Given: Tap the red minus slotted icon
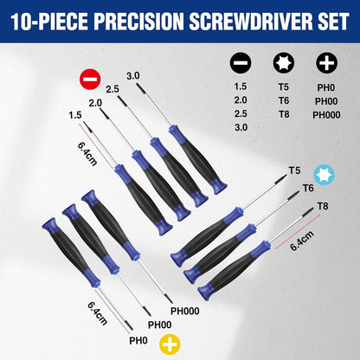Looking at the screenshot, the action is coord(90,79).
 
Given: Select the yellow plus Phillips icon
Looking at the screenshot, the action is coord(170,344).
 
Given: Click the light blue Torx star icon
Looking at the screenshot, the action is coord(324,175).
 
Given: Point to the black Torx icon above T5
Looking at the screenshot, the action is coord(284,62).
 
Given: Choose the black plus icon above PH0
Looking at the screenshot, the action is coord(326,62).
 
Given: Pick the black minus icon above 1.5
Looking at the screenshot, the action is coord(241,62).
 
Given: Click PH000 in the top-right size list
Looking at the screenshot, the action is coord(326,115).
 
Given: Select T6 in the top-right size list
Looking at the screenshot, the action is coord(284,100).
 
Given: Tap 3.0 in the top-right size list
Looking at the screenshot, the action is coord(241,127).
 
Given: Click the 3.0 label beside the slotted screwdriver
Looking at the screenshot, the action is coord(133,76).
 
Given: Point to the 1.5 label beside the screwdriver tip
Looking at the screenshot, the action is coord(75,115).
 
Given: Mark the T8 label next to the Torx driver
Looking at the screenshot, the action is coord(323,206).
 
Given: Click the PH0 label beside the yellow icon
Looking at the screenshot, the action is coord(138,341).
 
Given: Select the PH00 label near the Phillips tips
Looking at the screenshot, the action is coord(160,325).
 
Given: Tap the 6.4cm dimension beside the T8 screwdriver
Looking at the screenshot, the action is coord(302,241).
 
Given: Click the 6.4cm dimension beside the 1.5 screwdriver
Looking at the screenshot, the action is coord(87,153).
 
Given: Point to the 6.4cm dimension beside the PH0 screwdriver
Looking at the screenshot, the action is coord(97,313).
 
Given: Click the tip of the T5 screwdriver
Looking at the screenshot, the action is coord(286,175).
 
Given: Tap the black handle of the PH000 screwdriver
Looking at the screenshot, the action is coord(111,224).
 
